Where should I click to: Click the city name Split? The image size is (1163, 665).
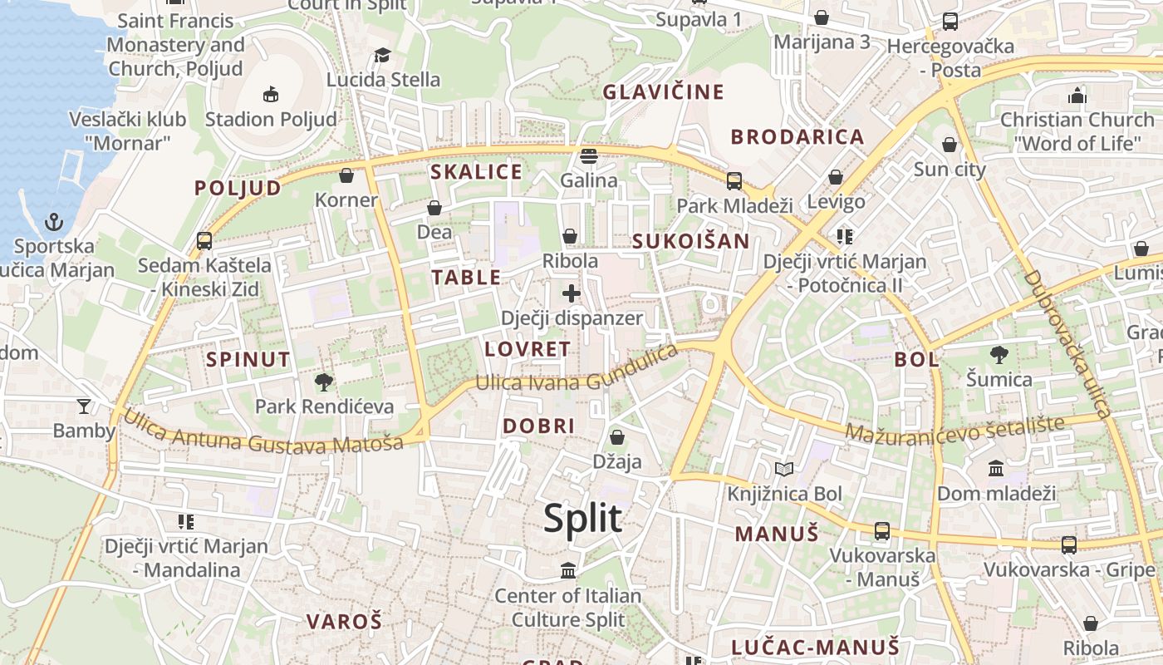pyautogui.click(x=582, y=519)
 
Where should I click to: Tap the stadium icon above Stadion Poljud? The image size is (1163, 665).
pyautogui.click(x=271, y=95)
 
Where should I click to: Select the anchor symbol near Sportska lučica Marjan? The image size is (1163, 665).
pyautogui.click(x=54, y=222)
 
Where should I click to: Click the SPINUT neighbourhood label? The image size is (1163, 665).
pyautogui.click(x=248, y=360)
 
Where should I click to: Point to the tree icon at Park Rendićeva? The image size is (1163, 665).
pyautogui.click(x=324, y=382)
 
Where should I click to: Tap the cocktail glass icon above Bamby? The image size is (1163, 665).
pyautogui.click(x=84, y=406)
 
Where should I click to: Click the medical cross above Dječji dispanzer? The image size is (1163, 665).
pyautogui.click(x=572, y=293)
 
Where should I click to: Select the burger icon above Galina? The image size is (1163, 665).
pyautogui.click(x=589, y=155)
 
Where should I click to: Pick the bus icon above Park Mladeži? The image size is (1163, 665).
pyautogui.click(x=734, y=180)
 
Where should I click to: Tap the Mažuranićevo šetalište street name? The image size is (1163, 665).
pyautogui.click(x=954, y=429)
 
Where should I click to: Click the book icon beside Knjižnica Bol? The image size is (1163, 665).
pyautogui.click(x=784, y=470)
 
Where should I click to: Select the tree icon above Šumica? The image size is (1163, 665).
pyautogui.click(x=999, y=355)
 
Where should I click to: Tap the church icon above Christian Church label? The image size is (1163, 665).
pyautogui.click(x=1077, y=96)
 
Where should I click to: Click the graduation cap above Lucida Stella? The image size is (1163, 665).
pyautogui.click(x=382, y=56)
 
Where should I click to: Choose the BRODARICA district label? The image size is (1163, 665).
pyautogui.click(x=797, y=137)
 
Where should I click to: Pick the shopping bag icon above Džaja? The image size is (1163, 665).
pyautogui.click(x=617, y=437)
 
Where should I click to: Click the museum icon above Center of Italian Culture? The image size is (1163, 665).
pyautogui.click(x=568, y=571)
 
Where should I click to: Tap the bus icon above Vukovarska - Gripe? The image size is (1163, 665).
pyautogui.click(x=1069, y=545)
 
